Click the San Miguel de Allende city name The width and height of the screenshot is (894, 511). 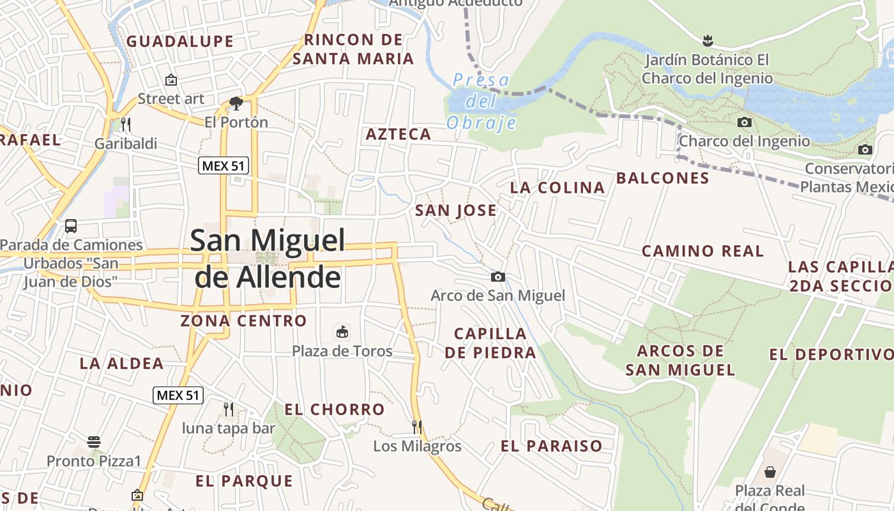click(x=268, y=259)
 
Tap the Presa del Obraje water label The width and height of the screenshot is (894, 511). click(x=481, y=101)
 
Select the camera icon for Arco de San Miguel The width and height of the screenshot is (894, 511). click(x=498, y=277)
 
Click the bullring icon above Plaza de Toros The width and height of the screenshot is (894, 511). click(x=342, y=332)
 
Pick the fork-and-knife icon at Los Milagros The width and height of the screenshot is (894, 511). click(x=417, y=426)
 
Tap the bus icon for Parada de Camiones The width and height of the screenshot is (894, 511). click(x=71, y=225)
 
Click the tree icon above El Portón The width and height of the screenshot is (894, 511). click(x=236, y=103)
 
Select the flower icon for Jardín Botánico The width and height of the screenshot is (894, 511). click(x=707, y=41)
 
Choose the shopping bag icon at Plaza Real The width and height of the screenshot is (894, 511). click(x=770, y=472)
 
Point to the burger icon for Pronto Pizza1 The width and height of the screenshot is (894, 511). click(x=94, y=441)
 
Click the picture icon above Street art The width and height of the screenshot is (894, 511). click(x=170, y=80)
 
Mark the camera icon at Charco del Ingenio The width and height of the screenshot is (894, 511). click(x=744, y=122)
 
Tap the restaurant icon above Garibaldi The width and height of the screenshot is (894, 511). click(x=126, y=123)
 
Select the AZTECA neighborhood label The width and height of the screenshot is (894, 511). click(x=398, y=134)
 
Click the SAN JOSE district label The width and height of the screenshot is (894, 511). click(x=455, y=211)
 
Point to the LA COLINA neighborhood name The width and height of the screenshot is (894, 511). click(x=557, y=187)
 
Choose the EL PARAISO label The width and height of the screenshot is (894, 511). click(x=551, y=446)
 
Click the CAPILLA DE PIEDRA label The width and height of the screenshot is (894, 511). click(x=490, y=343)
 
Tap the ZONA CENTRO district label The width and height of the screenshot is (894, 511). click(x=243, y=321)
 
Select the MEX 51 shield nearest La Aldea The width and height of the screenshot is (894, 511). click(x=178, y=395)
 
